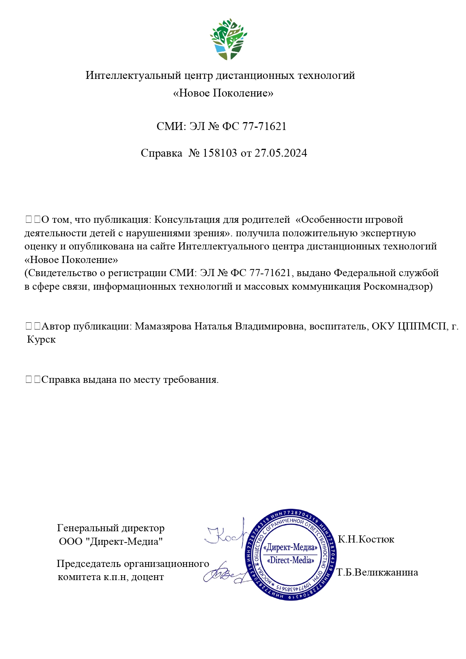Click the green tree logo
[x=228, y=39]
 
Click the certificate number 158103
[x=220, y=153]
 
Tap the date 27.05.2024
[x=281, y=153]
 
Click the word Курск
[x=41, y=340]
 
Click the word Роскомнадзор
[x=398, y=287]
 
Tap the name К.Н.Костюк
[x=366, y=540]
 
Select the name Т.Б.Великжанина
[x=377, y=573]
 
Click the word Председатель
[x=89, y=564]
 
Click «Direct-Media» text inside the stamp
[x=290, y=561]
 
